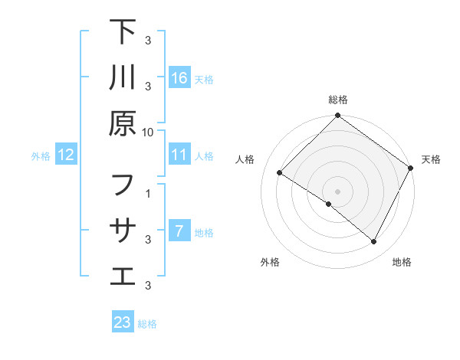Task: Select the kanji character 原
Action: [123, 123]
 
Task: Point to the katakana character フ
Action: [123, 185]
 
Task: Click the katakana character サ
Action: [123, 230]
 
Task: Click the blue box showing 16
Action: [179, 77]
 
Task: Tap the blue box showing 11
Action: [179, 155]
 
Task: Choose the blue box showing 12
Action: [66, 155]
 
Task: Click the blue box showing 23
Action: [123, 322]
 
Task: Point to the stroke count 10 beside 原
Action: [148, 132]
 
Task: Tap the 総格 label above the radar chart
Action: [338, 100]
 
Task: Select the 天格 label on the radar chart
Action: [431, 159]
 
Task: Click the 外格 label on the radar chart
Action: [270, 262]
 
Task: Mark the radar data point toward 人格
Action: [279, 173]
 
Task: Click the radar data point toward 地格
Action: [374, 242]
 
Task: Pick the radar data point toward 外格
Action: [328, 205]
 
